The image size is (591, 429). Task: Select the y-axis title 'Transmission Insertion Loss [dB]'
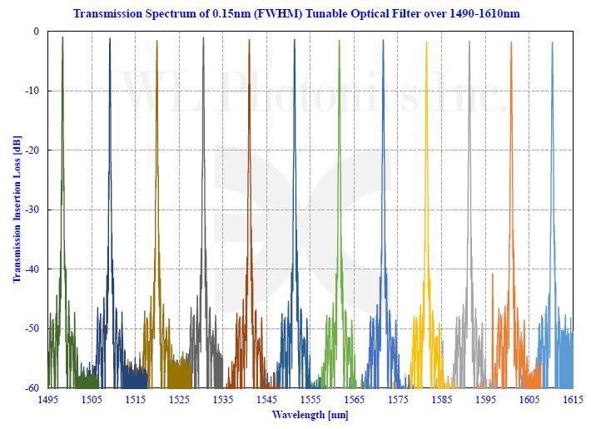click(x=17, y=210)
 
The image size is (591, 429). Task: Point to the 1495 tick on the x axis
click(x=47, y=400)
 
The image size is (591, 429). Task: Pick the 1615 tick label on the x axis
click(x=572, y=400)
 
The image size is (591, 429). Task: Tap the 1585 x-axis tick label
click(x=441, y=400)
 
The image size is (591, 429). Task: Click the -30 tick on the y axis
click(x=31, y=210)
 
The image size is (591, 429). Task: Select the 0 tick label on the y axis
click(x=36, y=32)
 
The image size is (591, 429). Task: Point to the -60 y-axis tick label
click(x=31, y=387)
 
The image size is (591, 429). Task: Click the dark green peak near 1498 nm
click(x=62, y=38)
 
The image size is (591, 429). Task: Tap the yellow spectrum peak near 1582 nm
click(x=426, y=43)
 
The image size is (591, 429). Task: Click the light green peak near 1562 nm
click(x=340, y=42)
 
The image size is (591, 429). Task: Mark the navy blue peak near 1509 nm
click(x=110, y=40)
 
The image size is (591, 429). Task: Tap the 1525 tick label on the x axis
click(x=179, y=400)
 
